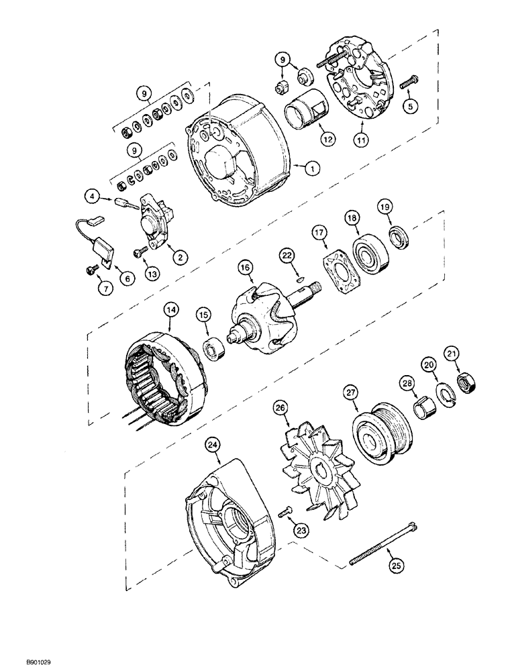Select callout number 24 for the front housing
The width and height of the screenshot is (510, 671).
[x=175, y=444]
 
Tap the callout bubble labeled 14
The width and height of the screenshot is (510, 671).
[x=171, y=311]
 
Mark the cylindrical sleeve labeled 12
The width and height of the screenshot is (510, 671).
[x=306, y=110]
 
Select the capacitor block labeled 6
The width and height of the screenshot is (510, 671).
[x=105, y=255]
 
